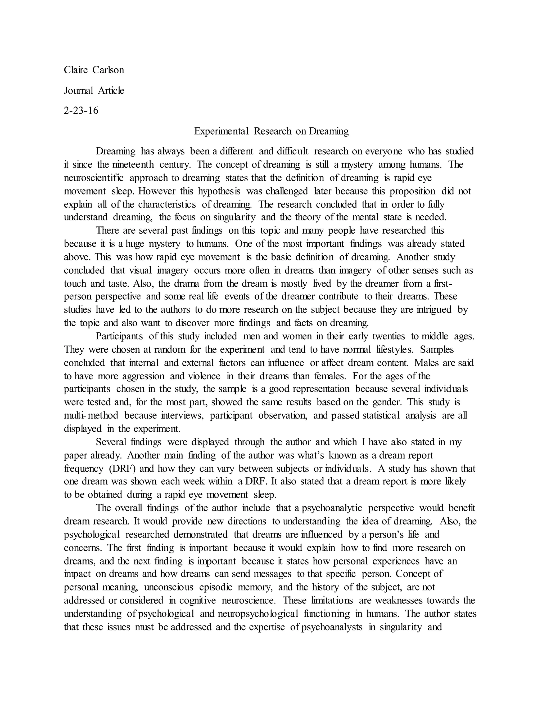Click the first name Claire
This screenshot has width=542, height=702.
[76, 70]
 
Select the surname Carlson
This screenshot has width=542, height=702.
[108, 70]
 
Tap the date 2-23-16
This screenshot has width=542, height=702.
[81, 111]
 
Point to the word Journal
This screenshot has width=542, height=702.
[78, 91]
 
